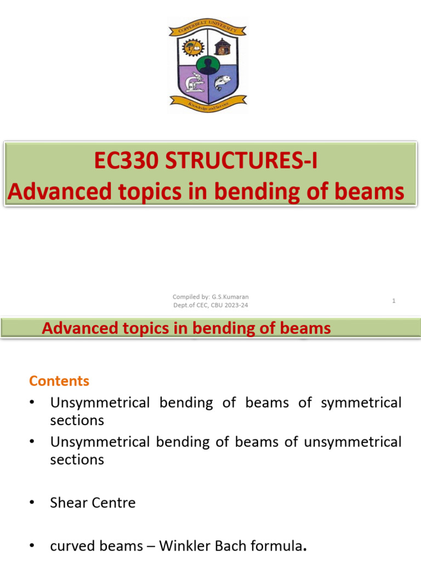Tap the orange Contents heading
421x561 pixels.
tap(59, 381)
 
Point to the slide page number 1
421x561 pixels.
tap(394, 301)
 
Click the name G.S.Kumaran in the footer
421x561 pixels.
tap(230, 297)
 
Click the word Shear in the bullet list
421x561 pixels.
tap(70, 502)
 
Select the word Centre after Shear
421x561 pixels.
tap(115, 502)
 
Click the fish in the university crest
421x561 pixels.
tap(222, 82)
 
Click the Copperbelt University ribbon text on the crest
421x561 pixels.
tap(207, 27)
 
